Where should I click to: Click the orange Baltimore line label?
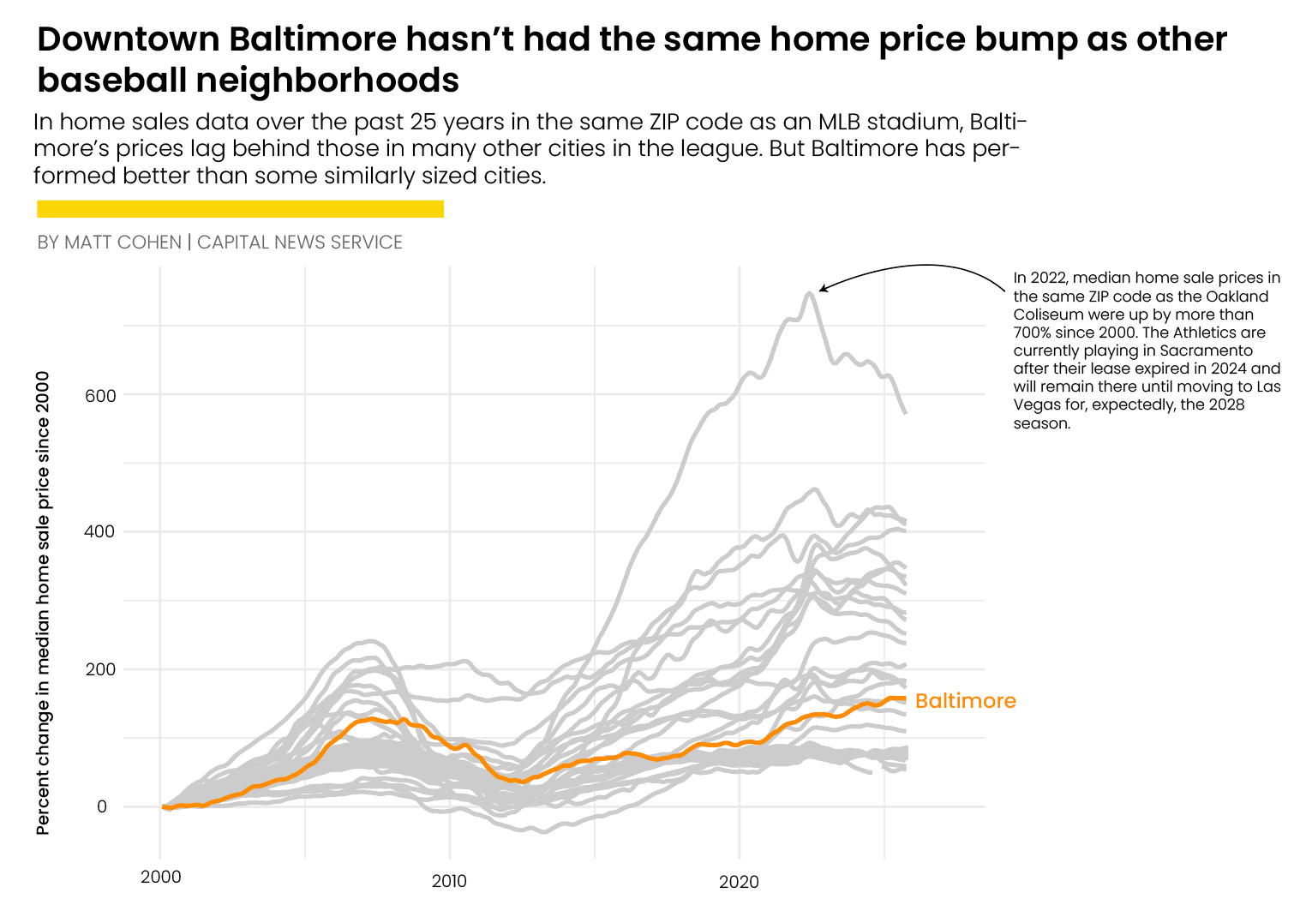click(965, 701)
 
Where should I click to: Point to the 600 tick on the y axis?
click(100, 396)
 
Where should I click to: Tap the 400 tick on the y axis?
click(100, 531)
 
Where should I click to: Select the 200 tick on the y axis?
click(100, 669)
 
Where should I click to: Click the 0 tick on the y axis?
click(102, 806)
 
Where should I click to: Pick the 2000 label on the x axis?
click(160, 877)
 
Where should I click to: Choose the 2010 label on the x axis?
click(449, 881)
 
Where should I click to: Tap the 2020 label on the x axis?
click(739, 882)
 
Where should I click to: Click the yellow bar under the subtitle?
click(240, 209)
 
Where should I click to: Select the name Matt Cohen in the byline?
click(123, 243)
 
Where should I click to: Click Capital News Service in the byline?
click(299, 243)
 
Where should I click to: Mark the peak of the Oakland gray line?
click(809, 294)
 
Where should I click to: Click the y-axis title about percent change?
click(43, 602)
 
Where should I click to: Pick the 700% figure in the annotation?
click(1033, 333)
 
